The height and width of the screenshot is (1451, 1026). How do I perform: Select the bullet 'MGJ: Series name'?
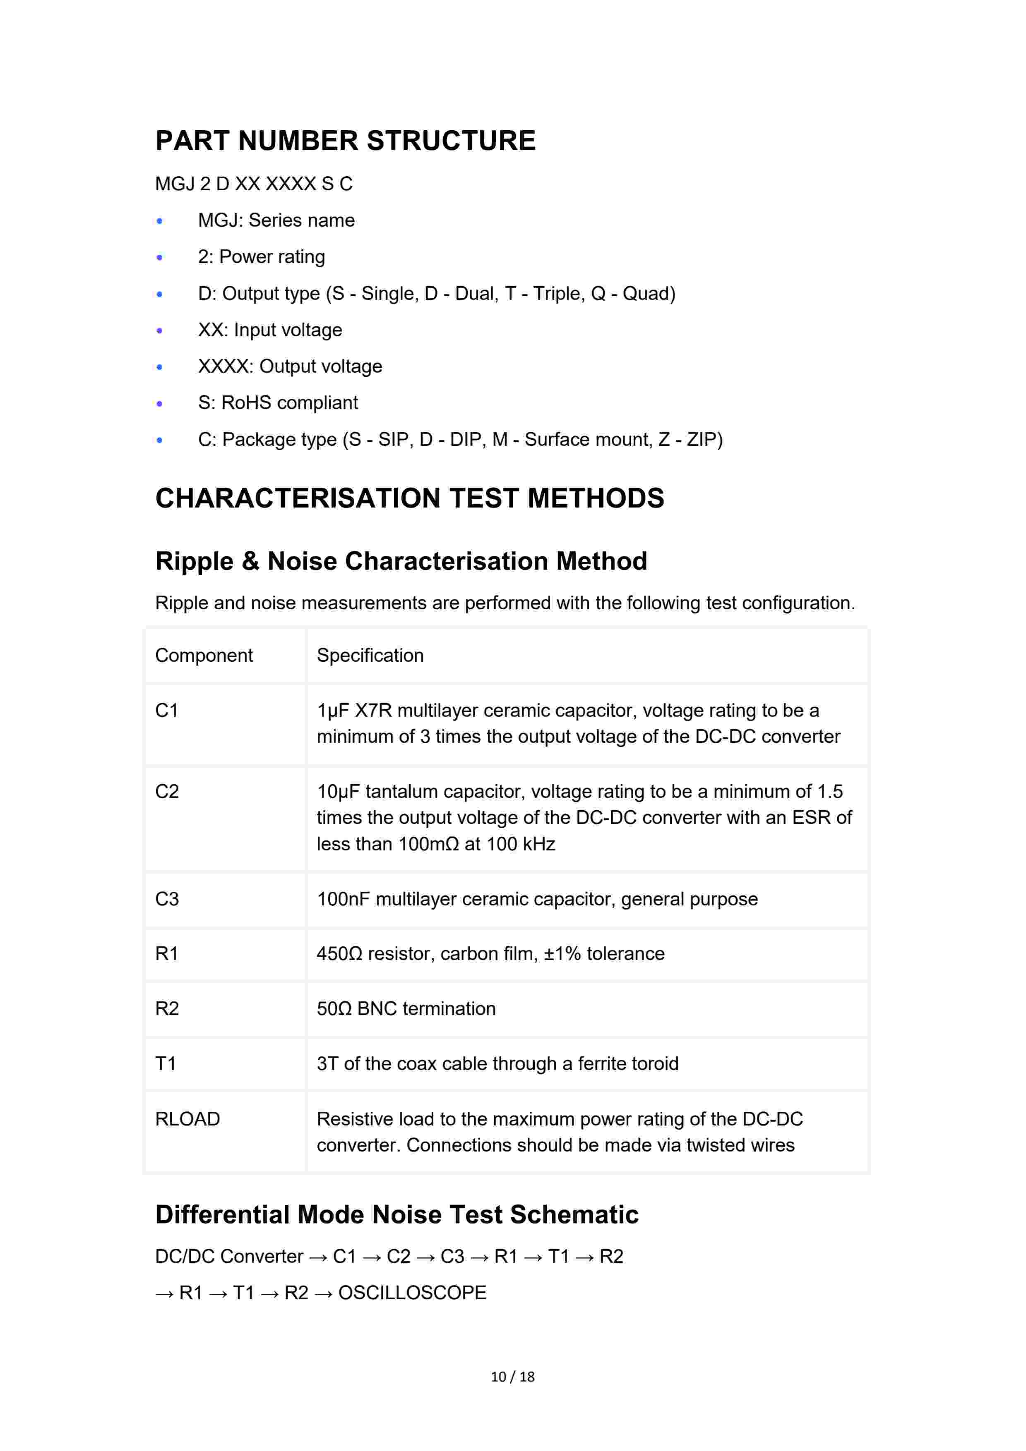[x=276, y=220]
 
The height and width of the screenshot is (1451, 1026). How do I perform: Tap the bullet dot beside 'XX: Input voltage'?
[x=160, y=330]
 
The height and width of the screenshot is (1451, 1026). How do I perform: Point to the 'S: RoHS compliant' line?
[x=278, y=403]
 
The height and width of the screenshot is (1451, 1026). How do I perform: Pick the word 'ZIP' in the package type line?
[x=702, y=440]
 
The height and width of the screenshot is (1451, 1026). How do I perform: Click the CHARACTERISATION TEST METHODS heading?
[x=410, y=498]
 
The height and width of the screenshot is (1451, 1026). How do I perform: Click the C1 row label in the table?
[x=167, y=711]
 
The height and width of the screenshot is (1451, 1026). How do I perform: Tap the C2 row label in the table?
[x=167, y=792]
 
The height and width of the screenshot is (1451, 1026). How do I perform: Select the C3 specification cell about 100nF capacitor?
[x=537, y=899]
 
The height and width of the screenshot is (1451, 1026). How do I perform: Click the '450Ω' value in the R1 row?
[x=339, y=954]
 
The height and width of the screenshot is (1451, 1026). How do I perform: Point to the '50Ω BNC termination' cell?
[x=406, y=1008]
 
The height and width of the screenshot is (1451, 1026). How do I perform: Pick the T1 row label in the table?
[x=166, y=1063]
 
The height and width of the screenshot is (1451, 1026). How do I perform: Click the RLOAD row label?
[x=187, y=1119]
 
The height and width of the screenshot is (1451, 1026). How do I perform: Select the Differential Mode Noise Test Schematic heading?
[x=396, y=1215]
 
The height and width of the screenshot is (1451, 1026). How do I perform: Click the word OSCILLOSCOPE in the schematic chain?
[x=412, y=1293]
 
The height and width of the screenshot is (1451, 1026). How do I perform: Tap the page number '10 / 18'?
[x=513, y=1377]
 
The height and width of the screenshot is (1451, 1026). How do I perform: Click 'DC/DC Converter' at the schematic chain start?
[x=229, y=1256]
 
